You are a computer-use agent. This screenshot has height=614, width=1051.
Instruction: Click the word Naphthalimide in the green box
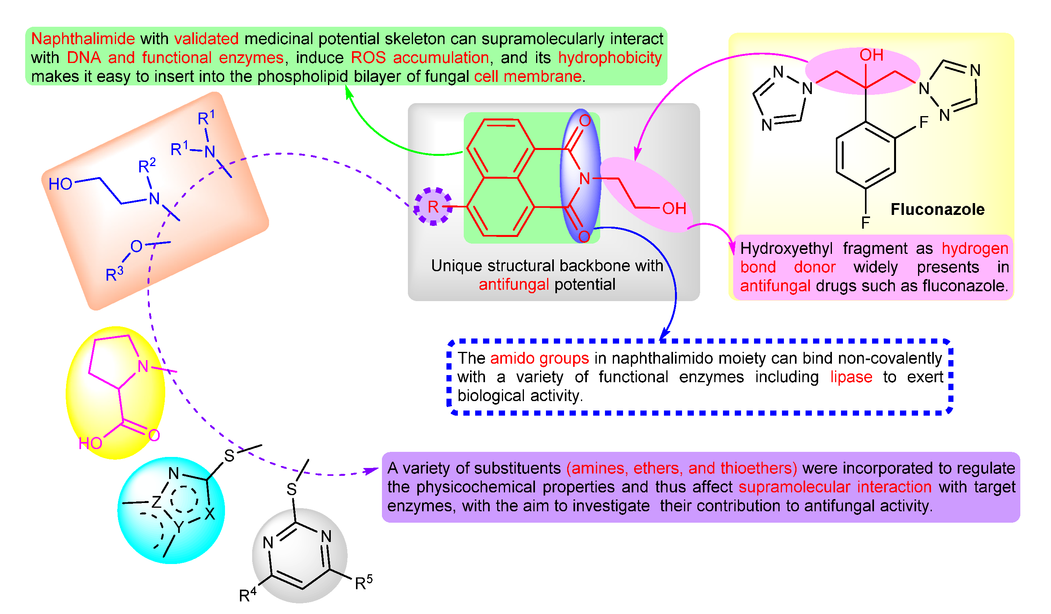pyautogui.click(x=83, y=39)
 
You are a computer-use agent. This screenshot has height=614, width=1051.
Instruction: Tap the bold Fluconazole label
pyautogui.click(x=937, y=209)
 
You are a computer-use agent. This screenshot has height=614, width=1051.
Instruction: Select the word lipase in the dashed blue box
pyautogui.click(x=851, y=377)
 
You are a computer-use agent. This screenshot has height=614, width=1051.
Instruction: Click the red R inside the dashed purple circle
pyautogui.click(x=433, y=207)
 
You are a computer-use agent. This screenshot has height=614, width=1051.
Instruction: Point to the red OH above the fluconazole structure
pyautogui.click(x=871, y=55)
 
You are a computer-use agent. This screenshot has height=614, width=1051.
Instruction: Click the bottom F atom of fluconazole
pyautogui.click(x=865, y=223)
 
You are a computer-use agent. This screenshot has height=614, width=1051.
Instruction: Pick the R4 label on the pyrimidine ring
pyautogui.click(x=247, y=595)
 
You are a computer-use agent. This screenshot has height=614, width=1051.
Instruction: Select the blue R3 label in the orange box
pyautogui.click(x=114, y=274)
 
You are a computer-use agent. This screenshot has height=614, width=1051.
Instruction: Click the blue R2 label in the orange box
pyautogui.click(x=146, y=166)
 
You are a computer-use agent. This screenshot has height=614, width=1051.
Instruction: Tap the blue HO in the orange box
pyautogui.click(x=61, y=184)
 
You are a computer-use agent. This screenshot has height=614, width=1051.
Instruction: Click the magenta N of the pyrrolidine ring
pyautogui.click(x=143, y=366)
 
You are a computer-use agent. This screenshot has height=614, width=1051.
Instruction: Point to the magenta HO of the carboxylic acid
pyautogui.click(x=90, y=443)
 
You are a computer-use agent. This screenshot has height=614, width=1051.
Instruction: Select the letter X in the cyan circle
pyautogui.click(x=210, y=514)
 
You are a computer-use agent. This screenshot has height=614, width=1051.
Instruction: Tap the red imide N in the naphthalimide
pyautogui.click(x=585, y=179)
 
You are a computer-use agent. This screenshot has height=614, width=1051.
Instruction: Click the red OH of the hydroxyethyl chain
pyautogui.click(x=674, y=208)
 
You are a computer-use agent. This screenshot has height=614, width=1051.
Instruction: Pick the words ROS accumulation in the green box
pyautogui.click(x=420, y=57)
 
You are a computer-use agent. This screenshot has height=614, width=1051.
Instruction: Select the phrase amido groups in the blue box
pyautogui.click(x=539, y=358)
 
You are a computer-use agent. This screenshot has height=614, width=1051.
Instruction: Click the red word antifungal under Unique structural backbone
pyautogui.click(x=513, y=285)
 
